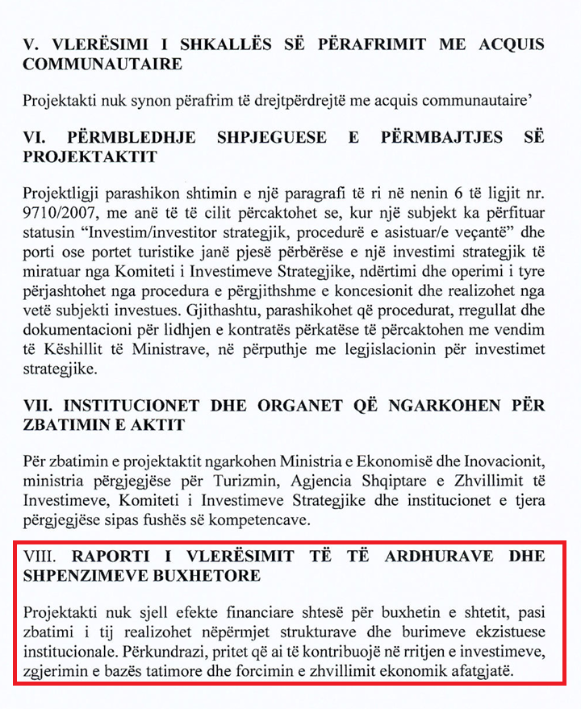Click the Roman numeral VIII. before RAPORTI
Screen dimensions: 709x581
point(40,557)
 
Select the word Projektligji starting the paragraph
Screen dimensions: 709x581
point(61,197)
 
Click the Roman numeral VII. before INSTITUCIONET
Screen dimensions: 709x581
point(37,403)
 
